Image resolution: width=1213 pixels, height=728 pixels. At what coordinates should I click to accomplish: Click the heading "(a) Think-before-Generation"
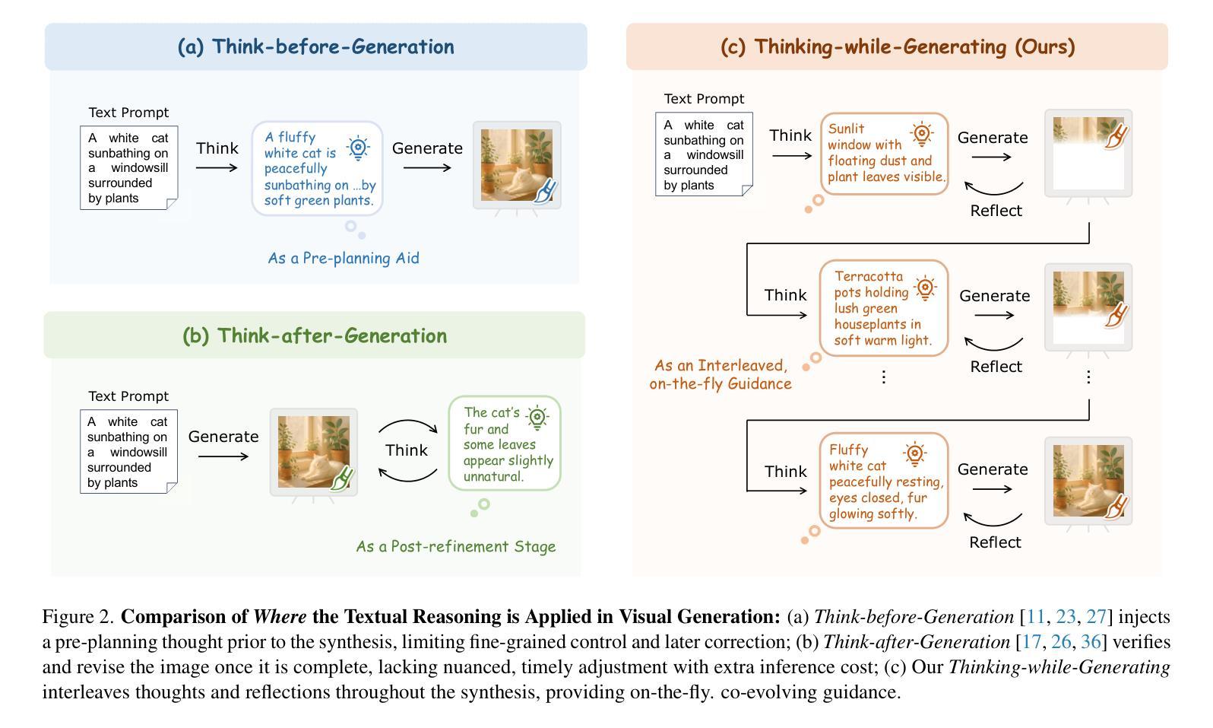315,46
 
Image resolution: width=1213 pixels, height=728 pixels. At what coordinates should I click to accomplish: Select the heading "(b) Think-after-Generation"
315,335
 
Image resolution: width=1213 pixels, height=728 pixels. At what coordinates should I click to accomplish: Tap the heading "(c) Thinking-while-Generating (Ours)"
897,46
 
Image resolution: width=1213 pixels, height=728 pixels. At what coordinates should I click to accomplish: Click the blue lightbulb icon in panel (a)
358,148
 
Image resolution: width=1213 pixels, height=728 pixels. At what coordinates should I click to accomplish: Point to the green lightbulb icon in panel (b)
537,418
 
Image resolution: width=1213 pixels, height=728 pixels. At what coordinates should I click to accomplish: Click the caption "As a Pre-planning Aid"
343,258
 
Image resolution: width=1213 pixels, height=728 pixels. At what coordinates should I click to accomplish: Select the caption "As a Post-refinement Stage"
456,546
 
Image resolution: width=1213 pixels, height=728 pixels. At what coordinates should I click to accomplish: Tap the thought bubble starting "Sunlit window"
885,154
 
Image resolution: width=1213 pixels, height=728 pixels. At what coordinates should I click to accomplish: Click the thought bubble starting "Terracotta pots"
883,308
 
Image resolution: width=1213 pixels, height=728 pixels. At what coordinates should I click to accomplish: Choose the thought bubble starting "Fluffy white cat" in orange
885,481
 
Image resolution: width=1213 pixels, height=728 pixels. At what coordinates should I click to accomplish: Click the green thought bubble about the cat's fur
505,443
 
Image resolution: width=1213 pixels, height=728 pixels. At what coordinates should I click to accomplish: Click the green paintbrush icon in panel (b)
342,478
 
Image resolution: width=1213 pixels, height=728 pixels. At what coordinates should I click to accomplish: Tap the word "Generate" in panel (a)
427,148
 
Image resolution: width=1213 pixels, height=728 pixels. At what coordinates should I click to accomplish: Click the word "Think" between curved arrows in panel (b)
407,450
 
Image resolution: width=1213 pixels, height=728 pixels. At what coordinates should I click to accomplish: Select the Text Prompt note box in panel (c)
704,154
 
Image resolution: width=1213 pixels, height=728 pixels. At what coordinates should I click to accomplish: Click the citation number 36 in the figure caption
1091,642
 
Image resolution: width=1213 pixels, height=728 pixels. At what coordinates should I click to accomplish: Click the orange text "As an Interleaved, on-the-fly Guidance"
721,375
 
